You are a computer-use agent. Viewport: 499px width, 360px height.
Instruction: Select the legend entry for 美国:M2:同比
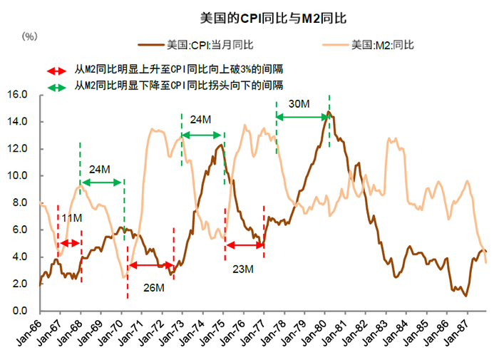[x=382, y=45]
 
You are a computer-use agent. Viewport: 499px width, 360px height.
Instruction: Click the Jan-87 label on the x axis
[x=457, y=329]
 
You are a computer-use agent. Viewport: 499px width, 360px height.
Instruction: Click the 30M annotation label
[x=299, y=104]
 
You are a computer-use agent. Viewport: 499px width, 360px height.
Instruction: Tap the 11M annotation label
[x=73, y=217]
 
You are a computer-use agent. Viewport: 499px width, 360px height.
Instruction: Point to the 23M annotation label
[x=243, y=269]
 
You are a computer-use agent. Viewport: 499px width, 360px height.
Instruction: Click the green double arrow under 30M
[x=302, y=116]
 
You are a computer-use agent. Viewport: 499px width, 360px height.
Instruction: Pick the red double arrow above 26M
[x=150, y=266]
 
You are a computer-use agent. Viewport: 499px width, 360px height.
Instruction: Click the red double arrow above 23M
[x=245, y=245]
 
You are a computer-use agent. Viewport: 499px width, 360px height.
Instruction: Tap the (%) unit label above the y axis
[x=30, y=36]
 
